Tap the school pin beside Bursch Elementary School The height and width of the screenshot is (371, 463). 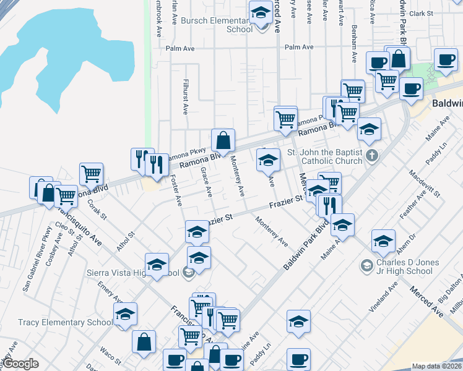(261, 13)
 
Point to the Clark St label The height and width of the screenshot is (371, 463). (420, 13)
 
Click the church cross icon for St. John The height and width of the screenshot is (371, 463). (371, 155)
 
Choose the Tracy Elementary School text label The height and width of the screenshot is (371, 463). (66, 322)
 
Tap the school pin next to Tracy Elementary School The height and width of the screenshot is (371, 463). (126, 315)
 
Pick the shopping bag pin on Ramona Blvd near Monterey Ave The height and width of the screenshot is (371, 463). (223, 141)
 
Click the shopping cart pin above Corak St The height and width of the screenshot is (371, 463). (91, 175)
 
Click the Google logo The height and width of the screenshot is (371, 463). (20, 364)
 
